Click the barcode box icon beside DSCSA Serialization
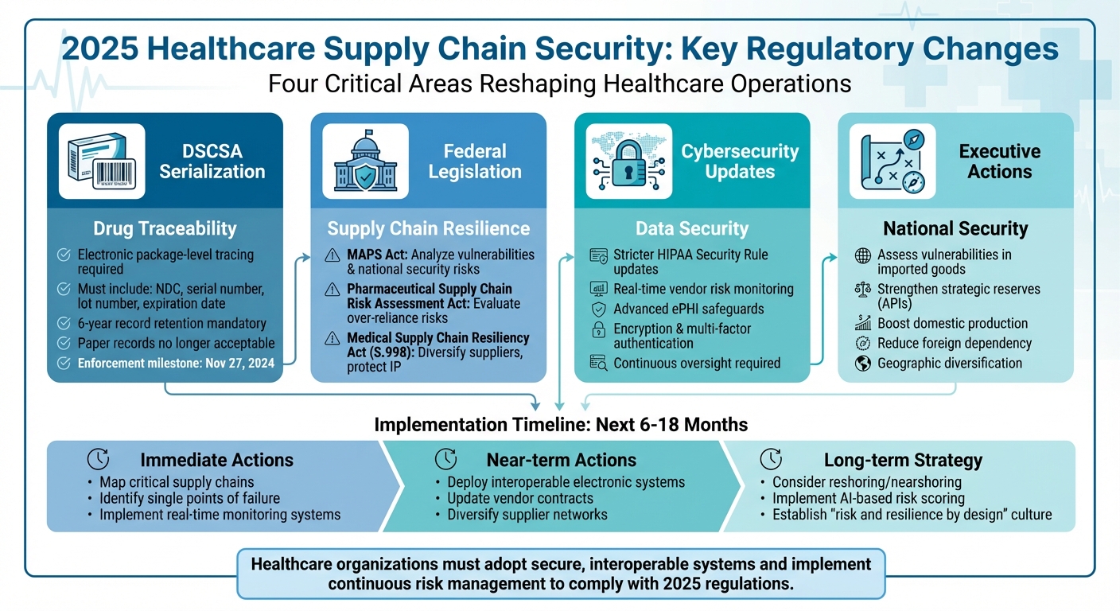(x=102, y=162)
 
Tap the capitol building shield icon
(x=365, y=162)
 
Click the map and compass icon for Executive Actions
(x=892, y=162)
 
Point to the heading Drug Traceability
(x=165, y=229)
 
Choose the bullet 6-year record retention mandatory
(x=172, y=324)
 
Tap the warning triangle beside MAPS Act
(x=332, y=255)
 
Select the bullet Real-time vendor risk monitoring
(x=703, y=289)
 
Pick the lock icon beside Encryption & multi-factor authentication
(x=598, y=329)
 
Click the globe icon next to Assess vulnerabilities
(x=862, y=255)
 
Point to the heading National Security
(x=955, y=229)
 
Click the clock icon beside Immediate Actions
(x=98, y=459)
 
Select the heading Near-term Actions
(x=562, y=460)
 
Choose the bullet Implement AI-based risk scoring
(x=869, y=499)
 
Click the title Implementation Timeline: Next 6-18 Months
(x=561, y=424)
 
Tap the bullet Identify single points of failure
(x=189, y=499)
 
